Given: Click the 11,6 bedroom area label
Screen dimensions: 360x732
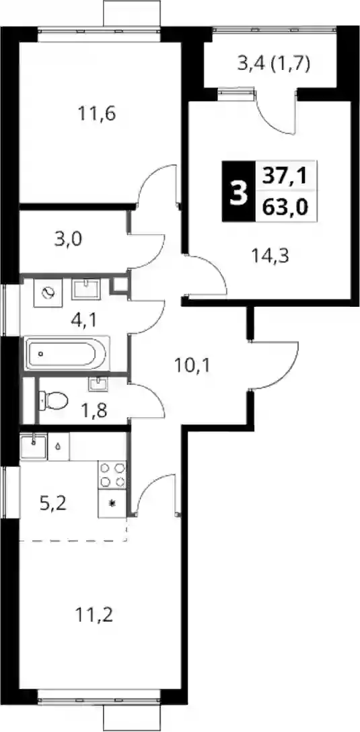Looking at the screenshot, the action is coord(97,114).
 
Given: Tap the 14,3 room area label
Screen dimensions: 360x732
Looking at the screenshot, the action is coord(270,256).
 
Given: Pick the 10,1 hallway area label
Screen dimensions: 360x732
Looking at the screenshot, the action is coord(191,365).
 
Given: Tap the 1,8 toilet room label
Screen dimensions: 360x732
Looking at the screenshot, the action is coord(95,411).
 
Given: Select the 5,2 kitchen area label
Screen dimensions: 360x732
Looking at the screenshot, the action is coord(53,504).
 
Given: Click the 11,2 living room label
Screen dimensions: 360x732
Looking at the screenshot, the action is coord(95,615).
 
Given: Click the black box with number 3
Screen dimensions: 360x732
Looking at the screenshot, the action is coord(238,192).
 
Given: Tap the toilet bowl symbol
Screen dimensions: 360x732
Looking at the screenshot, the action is coord(54,400).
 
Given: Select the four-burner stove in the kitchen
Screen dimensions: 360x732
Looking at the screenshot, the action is coord(112,475).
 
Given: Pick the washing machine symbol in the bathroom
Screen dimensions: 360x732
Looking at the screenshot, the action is coord(48,293).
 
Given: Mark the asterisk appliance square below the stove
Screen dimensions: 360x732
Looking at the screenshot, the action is coord(112,503).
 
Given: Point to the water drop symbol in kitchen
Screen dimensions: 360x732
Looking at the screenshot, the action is coord(59,446).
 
